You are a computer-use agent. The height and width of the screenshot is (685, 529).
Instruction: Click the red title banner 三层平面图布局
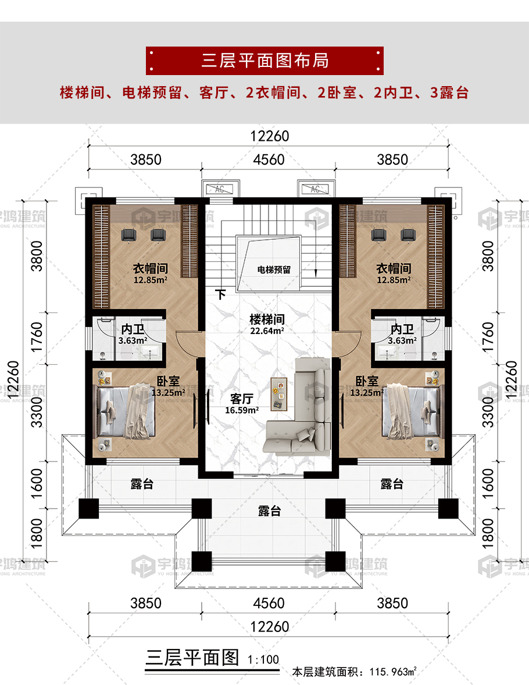click(264, 61)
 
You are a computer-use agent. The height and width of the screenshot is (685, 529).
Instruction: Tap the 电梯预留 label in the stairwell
click(274, 269)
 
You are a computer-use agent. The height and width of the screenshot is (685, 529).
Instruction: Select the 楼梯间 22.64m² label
click(267, 324)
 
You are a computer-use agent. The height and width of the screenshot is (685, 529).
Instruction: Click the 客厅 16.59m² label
click(242, 404)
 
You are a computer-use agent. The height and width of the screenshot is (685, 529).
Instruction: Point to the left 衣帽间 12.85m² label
click(150, 274)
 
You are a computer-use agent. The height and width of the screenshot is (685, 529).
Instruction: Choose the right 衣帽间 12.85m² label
click(394, 274)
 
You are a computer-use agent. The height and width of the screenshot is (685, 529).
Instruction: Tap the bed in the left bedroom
click(125, 411)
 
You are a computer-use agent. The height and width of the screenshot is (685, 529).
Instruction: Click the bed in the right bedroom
click(412, 411)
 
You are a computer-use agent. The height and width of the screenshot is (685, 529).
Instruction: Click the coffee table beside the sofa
click(278, 394)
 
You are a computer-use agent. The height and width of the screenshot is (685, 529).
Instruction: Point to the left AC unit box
click(220, 189)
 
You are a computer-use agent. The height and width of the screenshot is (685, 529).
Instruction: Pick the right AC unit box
click(316, 189)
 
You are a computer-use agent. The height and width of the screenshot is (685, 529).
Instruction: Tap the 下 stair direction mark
click(221, 294)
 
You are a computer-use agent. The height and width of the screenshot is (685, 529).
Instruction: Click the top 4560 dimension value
click(269, 160)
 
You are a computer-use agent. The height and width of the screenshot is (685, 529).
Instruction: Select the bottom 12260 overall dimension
click(269, 627)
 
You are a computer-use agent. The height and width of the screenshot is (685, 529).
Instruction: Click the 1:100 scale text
click(263, 659)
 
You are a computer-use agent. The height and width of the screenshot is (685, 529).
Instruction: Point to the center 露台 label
click(269, 510)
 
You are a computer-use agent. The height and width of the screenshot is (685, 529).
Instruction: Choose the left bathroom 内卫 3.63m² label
click(133, 334)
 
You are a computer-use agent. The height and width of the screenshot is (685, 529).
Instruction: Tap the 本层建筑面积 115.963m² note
click(355, 672)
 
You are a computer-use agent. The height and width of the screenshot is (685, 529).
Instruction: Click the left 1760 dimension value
click(37, 338)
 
